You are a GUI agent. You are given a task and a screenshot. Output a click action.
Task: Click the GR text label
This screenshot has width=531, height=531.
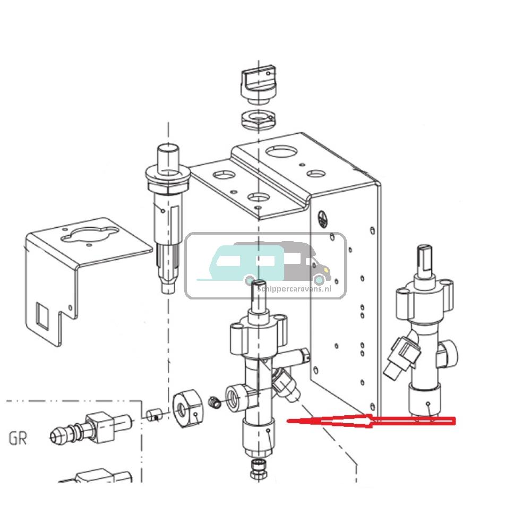(x=18, y=439)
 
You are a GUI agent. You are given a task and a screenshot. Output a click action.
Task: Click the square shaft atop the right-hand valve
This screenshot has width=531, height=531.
(x=426, y=260)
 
